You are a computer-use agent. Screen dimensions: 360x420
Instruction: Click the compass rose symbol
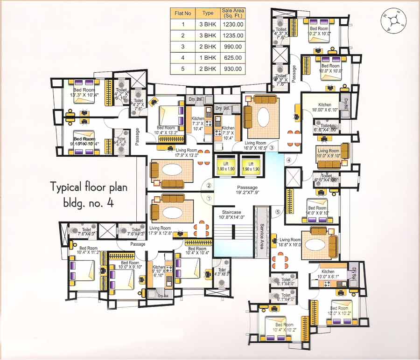pyautogui.click(x=394, y=21)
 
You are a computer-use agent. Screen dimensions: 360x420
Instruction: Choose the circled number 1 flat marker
pyautogui.click(x=209, y=198)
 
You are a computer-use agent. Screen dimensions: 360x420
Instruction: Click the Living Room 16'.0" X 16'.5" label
pyautogui.click(x=255, y=146)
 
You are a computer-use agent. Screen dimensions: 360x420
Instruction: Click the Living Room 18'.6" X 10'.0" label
pyautogui.click(x=290, y=242)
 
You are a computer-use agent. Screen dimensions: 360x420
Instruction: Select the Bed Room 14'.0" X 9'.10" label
pyautogui.click(x=317, y=211)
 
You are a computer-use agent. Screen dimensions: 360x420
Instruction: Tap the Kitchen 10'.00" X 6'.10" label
pyautogui.click(x=324, y=108)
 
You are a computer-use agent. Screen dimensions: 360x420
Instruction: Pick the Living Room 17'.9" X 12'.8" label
pyautogui.click(x=160, y=231)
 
